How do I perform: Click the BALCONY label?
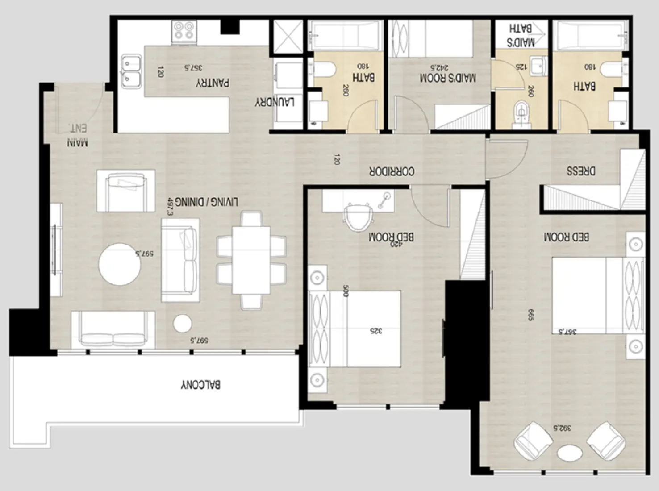(200, 385)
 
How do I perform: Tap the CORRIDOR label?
(392, 171)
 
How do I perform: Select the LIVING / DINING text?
(206, 202)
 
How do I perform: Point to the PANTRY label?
(213, 83)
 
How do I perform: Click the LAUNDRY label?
(274, 102)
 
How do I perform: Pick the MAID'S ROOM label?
(448, 78)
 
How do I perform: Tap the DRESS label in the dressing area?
(581, 171)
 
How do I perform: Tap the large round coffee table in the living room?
(120, 264)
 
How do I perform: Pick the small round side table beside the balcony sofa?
(183, 324)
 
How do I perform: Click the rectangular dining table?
(251, 261)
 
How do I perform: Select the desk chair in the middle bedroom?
(358, 217)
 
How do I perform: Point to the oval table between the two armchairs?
(570, 453)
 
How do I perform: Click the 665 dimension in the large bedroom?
(530, 315)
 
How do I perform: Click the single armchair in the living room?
(126, 191)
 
